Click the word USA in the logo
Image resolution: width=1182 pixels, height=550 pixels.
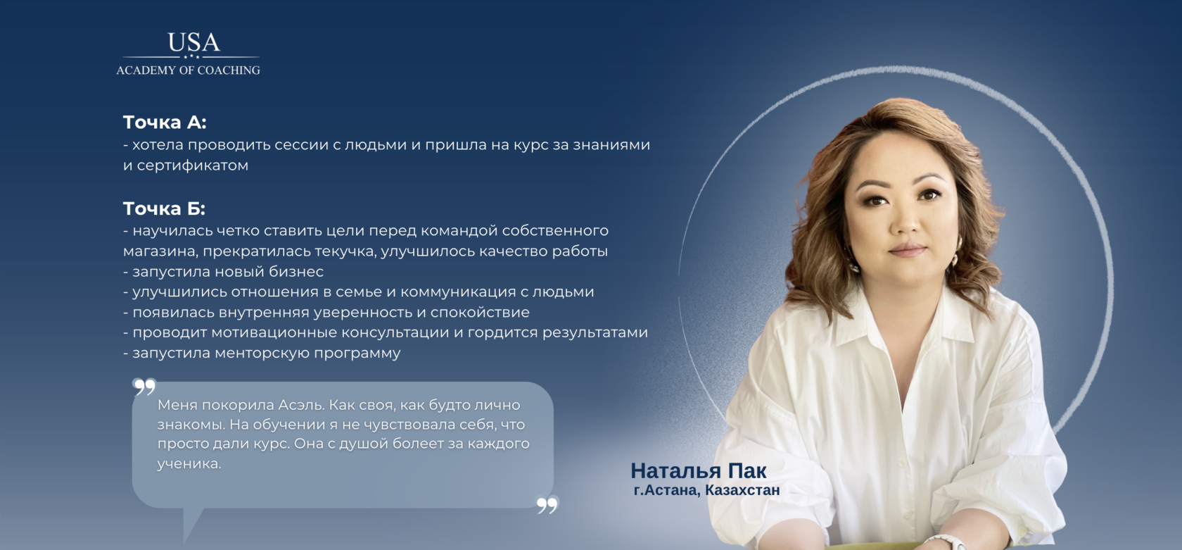coord(193,42)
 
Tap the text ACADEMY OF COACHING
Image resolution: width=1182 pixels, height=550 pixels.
coord(188,70)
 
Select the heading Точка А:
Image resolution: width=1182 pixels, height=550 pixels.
coord(165,123)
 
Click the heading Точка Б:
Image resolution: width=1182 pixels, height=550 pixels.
coord(164,208)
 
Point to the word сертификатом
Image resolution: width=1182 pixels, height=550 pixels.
coord(193,165)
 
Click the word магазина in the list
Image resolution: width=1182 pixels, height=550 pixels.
coord(160,251)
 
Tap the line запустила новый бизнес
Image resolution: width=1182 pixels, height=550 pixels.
coord(223,272)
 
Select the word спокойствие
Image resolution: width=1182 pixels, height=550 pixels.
coord(480,313)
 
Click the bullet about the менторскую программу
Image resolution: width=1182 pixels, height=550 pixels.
coord(262,353)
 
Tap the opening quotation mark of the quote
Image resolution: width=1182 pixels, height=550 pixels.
coord(144,387)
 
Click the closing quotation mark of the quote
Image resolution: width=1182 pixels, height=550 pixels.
coord(547,505)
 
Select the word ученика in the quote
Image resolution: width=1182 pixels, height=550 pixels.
coord(189,464)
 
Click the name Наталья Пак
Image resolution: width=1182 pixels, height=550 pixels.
coord(699,470)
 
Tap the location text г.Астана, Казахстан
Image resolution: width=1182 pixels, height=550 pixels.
coord(706,490)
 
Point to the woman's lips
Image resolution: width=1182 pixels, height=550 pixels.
coord(908,249)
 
